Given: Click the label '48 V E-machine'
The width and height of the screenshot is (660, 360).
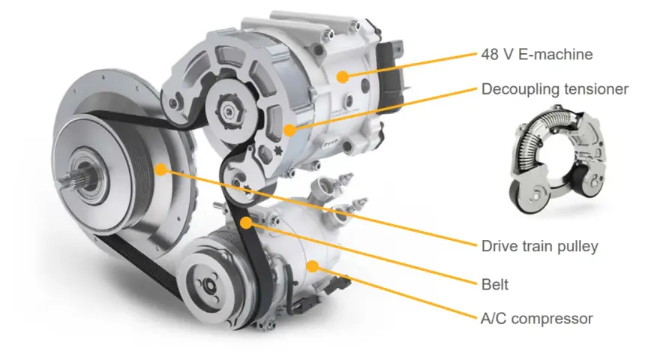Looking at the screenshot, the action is (x=537, y=54).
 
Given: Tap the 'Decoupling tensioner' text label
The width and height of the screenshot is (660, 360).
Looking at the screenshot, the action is (x=555, y=89).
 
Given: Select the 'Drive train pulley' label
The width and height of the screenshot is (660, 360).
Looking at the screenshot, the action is (x=539, y=246).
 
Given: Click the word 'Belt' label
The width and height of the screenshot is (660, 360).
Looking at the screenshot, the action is (x=494, y=285).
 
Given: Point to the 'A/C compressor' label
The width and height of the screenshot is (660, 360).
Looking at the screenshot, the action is (x=537, y=319).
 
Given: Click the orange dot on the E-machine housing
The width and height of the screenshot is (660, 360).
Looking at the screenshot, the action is (x=343, y=76).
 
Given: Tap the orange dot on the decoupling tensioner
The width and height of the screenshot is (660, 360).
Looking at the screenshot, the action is (x=289, y=130).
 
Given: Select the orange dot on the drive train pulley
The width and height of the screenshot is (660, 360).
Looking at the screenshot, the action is (x=160, y=169).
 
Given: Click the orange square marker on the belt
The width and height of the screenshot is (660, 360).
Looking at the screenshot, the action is (x=246, y=222).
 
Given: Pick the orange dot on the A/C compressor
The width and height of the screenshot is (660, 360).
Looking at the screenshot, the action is (x=312, y=266).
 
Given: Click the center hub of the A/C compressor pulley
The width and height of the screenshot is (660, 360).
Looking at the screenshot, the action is (x=208, y=285).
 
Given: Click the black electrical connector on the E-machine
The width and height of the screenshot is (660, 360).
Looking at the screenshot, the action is (x=389, y=74).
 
